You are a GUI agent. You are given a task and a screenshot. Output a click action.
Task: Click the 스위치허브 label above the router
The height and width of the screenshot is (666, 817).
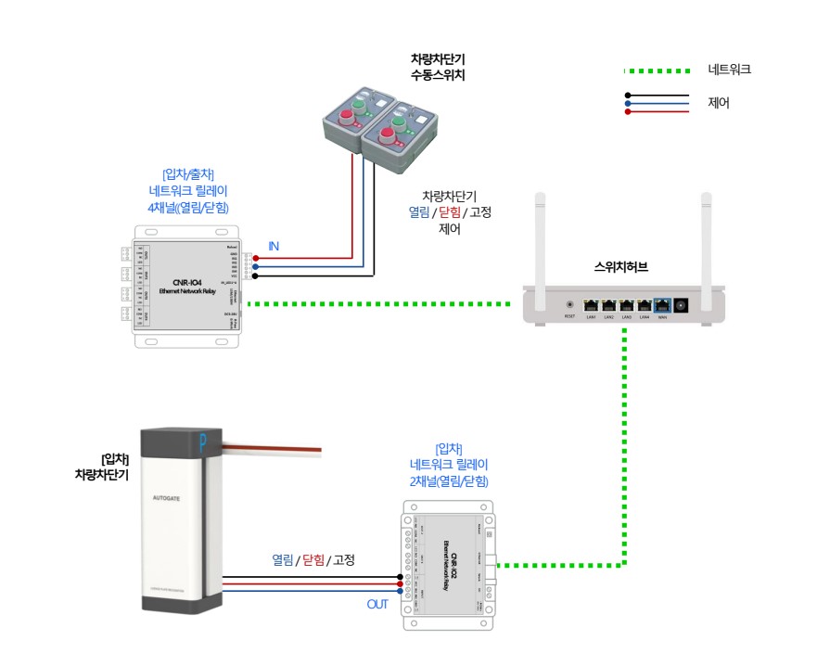click(621, 267)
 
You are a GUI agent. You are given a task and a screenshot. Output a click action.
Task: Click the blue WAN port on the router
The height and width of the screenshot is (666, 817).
click(661, 304)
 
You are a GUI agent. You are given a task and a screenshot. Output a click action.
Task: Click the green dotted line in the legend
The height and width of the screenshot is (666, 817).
click(657, 70)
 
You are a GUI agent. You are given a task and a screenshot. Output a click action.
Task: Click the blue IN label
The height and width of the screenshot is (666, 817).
click(274, 246)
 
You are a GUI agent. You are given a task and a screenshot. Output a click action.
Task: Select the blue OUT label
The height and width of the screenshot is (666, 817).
click(377, 605)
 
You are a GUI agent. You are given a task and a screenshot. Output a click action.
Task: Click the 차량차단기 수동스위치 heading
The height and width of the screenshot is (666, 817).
click(437, 67)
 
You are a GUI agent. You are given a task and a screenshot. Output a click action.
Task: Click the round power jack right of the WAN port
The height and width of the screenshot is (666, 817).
click(683, 304)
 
